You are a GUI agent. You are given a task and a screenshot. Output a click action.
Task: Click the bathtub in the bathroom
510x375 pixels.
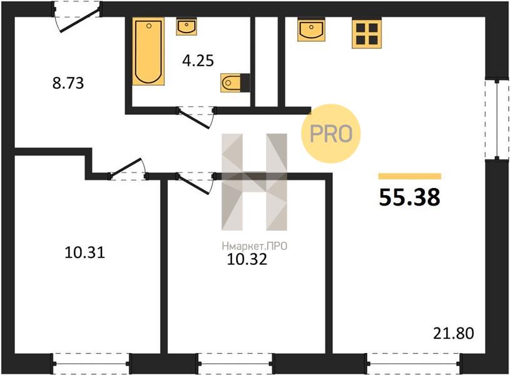[148, 51]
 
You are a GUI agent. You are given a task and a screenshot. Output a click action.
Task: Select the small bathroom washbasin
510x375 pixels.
[186, 26]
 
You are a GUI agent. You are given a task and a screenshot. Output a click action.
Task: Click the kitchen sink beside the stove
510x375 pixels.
[311, 29]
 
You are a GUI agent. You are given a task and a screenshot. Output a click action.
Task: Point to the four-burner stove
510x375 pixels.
[367, 34]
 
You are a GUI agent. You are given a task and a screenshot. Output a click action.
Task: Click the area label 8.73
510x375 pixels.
[68, 83]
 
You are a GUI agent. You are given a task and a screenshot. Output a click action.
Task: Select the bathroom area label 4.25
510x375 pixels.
[198, 61]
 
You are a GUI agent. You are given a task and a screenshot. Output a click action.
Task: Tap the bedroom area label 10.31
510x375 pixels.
[84, 252]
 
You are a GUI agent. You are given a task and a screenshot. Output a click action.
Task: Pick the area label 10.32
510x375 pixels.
[247, 259]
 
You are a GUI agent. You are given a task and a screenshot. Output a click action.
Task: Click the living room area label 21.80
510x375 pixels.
[454, 333]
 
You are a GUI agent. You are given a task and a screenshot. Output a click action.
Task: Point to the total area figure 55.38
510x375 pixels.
[409, 197]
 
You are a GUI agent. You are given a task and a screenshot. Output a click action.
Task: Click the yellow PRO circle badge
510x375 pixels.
[331, 134]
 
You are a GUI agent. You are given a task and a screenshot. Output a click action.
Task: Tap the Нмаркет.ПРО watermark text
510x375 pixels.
[254, 246]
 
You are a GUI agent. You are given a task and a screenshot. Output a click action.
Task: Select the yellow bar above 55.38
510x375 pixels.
[409, 176]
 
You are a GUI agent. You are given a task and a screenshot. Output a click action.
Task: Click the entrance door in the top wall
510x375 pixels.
[77, 16]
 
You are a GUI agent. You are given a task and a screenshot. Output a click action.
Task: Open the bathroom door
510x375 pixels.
[196, 117]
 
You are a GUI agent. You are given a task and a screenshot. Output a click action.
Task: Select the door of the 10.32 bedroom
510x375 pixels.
[196, 183]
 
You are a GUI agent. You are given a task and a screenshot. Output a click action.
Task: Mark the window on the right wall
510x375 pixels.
[497, 119]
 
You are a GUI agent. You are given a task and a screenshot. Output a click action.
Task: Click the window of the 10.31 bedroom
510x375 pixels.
[92, 364]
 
